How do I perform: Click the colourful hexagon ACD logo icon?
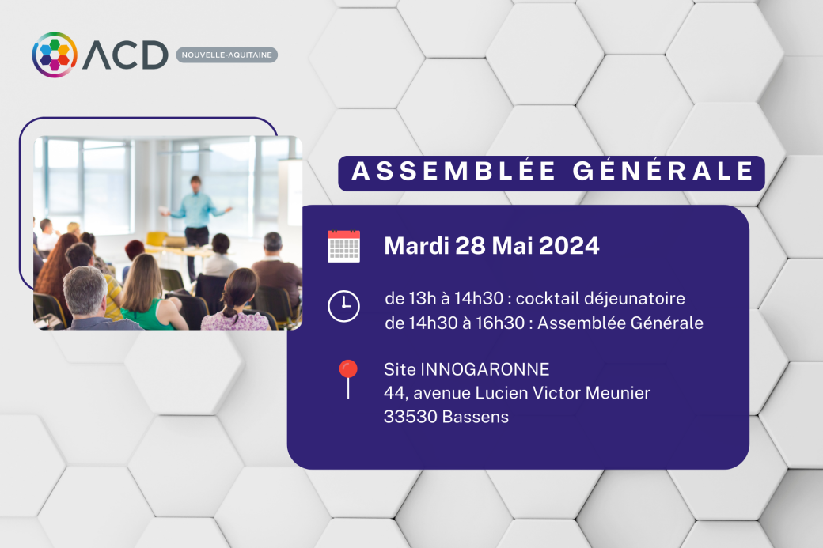pyautogui.click(x=55, y=55)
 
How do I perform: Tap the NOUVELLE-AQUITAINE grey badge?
pyautogui.click(x=227, y=55)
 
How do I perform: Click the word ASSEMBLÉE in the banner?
pyautogui.click(x=454, y=172)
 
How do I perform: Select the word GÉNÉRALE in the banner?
pyautogui.click(x=663, y=172)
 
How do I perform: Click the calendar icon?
pyautogui.click(x=343, y=246)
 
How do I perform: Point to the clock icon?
pyautogui.click(x=343, y=306)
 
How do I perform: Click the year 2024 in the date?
pyautogui.click(x=569, y=246)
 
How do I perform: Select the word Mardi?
pyautogui.click(x=417, y=246)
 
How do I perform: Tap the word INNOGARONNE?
pyautogui.click(x=485, y=369)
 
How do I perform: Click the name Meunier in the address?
pyautogui.click(x=618, y=393)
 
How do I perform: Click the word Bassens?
pyautogui.click(x=476, y=417)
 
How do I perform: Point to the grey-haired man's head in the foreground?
pyautogui.click(x=85, y=290)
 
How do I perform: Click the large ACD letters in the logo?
pyautogui.click(x=126, y=55)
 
